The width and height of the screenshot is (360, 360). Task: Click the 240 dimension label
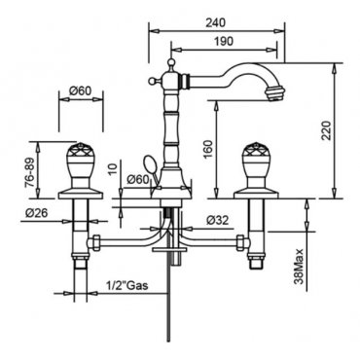pyautogui.click(x=216, y=22)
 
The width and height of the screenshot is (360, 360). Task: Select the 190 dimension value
pyautogui.click(x=224, y=41)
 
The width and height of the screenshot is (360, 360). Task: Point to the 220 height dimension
pyautogui.click(x=327, y=130)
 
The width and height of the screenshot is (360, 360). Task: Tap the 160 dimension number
pyautogui.click(x=208, y=150)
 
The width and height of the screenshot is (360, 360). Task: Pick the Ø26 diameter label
pyautogui.click(x=36, y=213)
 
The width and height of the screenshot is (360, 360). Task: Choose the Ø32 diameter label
pyautogui.click(x=217, y=221)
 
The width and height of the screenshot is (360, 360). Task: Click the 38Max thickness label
pyautogui.click(x=300, y=267)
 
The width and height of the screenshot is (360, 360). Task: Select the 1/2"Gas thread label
pyautogui.click(x=127, y=285)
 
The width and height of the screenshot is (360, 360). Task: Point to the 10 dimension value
pyautogui.click(x=113, y=169)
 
